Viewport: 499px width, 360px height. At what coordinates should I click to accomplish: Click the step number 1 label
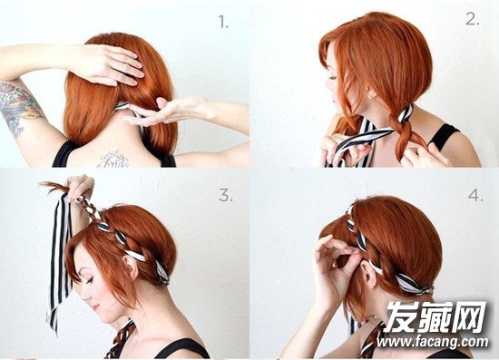223,23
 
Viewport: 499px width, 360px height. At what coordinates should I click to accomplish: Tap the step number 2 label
473,19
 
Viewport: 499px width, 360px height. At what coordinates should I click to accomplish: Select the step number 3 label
226,195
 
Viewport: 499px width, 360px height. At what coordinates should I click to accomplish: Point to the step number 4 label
475,195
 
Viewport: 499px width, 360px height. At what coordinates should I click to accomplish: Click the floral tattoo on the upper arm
17,106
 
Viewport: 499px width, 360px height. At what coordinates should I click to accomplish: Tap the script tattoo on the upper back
113,159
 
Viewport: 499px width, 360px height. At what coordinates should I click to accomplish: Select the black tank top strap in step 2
444,136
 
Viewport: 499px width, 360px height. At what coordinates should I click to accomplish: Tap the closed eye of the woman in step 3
89,280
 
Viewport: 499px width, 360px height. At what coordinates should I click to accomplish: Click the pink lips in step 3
95,307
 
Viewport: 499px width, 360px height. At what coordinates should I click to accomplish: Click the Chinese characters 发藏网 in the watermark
436,316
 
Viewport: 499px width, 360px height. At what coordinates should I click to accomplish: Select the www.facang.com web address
432,342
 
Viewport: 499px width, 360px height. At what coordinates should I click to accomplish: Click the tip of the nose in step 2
326,86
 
